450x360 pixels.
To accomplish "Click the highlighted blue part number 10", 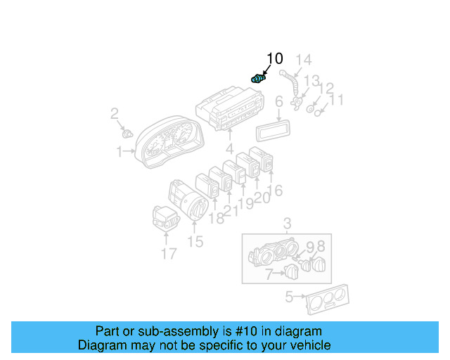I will [258, 79].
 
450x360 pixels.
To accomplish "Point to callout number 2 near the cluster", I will [115, 113].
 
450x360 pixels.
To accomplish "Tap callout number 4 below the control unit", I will [229, 149].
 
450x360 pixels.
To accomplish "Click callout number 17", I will [168, 253].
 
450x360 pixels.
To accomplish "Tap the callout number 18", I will [216, 218].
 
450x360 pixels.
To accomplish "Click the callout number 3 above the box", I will [287, 224].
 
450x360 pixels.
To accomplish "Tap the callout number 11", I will [337, 100].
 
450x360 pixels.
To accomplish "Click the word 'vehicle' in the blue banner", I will [307, 345].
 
